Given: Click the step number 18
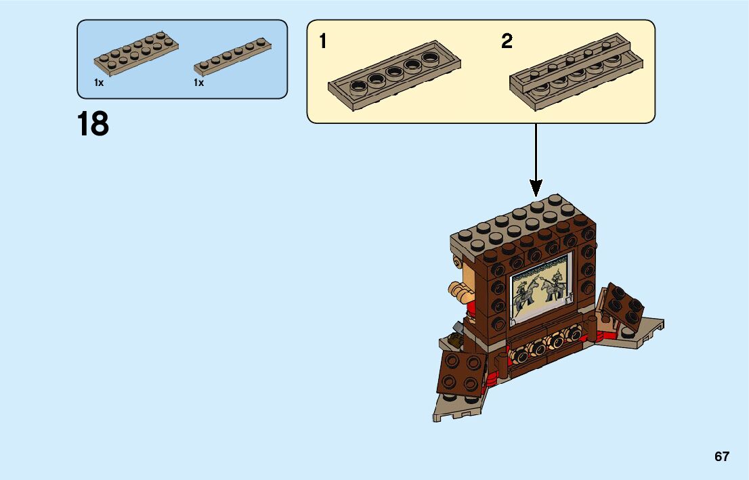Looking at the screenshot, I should coord(93,125).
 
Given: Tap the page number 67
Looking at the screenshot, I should coord(722,456).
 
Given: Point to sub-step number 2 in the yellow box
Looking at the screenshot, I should coord(507,42).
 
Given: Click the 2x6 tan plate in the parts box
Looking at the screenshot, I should coord(137,51).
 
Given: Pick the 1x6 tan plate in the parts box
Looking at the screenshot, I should coord(232,56).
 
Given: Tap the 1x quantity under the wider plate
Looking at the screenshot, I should coord(99,83).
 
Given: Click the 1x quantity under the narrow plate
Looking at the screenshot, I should coord(198,83).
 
